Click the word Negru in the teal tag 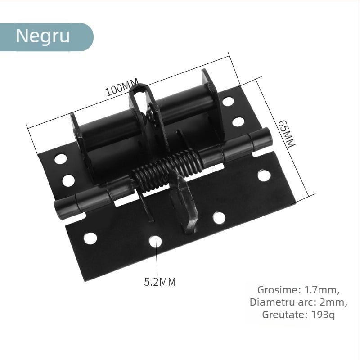click(x=43, y=36)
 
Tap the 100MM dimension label click(x=122, y=87)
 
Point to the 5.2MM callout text click(x=160, y=282)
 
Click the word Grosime click(x=275, y=289)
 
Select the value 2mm click(x=333, y=302)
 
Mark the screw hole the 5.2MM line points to click(x=156, y=242)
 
